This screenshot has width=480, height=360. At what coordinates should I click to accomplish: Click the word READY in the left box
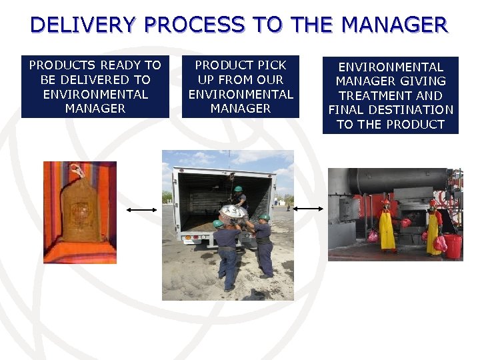coord(130,65)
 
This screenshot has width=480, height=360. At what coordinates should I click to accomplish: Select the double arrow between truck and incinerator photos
coord(308,209)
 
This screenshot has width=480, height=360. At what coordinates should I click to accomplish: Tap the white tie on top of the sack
coord(78,171)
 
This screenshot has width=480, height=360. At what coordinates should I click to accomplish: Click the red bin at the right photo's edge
coord(453,246)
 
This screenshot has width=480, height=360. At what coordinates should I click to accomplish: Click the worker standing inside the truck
coord(239,197)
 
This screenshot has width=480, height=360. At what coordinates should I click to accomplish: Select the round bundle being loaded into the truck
coord(235,215)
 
